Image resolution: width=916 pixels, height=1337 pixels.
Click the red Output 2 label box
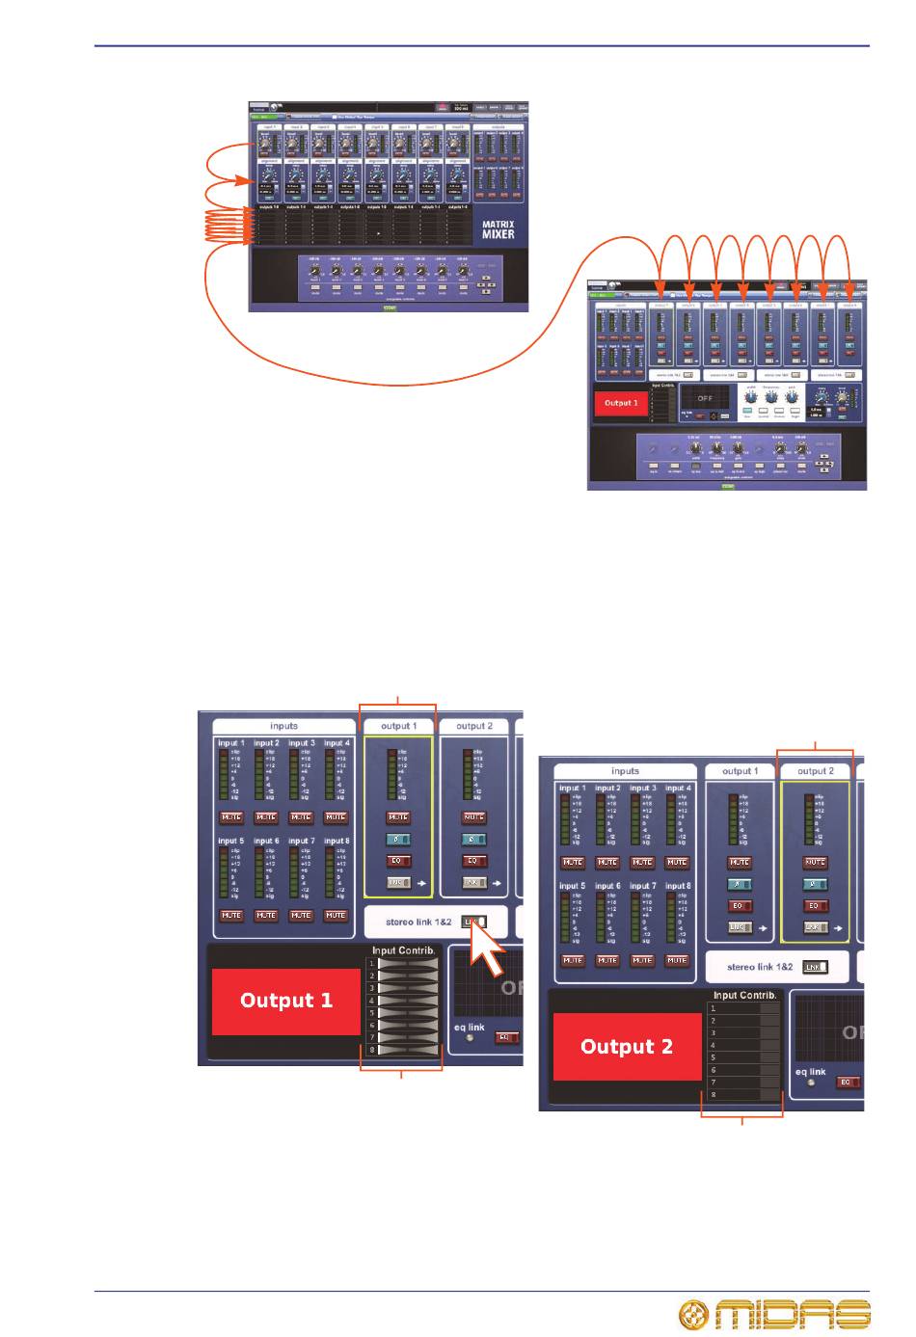627,1047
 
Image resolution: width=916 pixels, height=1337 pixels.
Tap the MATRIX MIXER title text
498,227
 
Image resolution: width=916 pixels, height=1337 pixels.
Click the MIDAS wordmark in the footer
793,1314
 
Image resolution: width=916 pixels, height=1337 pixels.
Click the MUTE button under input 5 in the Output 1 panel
231,915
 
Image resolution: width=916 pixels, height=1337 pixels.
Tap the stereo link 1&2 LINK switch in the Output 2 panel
815,967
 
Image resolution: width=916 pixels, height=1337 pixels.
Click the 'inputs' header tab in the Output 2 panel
625,771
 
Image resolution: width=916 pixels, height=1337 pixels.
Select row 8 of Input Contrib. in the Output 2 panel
742,1095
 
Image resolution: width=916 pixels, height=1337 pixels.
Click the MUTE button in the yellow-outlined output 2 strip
815,862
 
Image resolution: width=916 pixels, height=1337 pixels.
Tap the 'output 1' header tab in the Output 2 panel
740,771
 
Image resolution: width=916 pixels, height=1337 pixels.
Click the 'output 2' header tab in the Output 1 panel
474,726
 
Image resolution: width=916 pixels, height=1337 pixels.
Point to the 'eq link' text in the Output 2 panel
810,1071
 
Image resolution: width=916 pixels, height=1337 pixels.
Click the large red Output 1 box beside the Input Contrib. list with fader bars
286,1001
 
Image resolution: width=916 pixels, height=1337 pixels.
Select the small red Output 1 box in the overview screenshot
621,403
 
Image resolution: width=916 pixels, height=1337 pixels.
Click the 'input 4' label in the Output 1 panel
336,743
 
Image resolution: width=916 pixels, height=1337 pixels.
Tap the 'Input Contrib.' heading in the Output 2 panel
745,995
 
